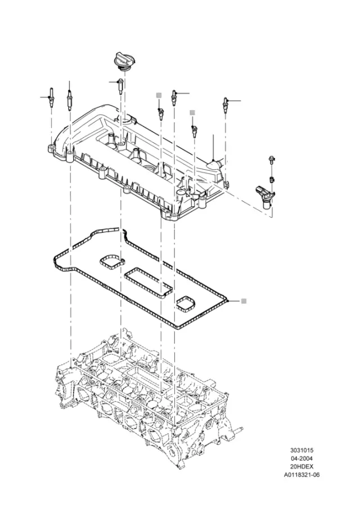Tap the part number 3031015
coord(301,450)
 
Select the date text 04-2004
coord(301,459)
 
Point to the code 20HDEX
coord(301,466)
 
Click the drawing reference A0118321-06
coord(301,475)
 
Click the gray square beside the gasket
coord(244,301)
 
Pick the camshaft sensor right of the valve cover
coord(265,196)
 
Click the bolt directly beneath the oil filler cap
coord(120,86)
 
